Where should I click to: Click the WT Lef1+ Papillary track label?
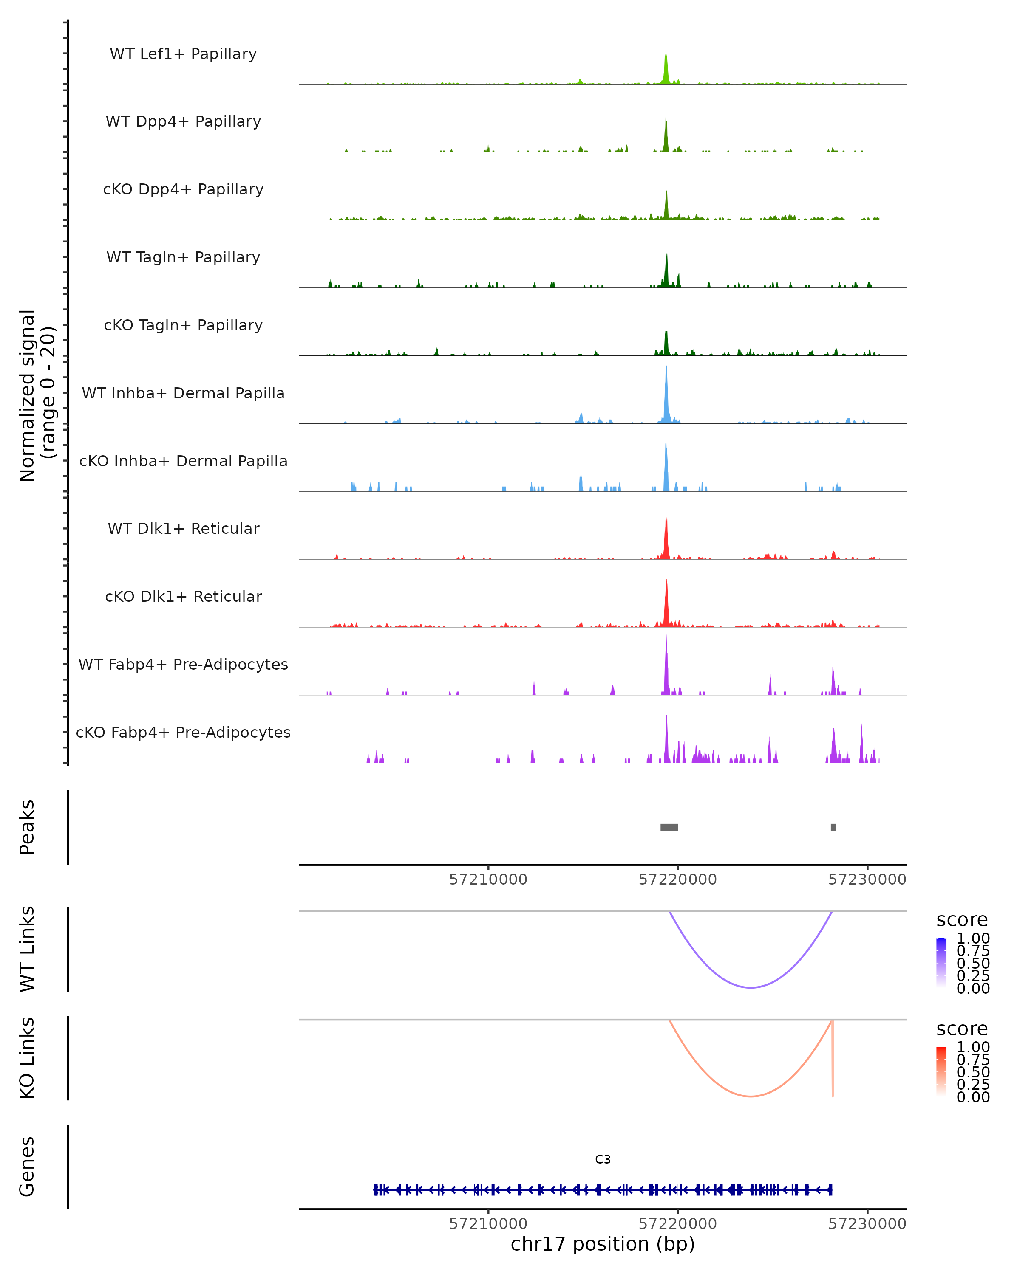coord(183,54)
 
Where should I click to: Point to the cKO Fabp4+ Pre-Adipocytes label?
coord(183,732)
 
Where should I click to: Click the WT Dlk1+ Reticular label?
coord(183,528)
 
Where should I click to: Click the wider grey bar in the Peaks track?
coord(669,827)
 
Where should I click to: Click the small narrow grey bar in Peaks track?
coord(833,827)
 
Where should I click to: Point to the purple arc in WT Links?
coord(751,987)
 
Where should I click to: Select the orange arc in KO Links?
coord(751,1096)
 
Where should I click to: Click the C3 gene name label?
coord(603,1159)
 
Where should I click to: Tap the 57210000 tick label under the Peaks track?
coord(488,879)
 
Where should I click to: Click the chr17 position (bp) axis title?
coord(603,1244)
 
